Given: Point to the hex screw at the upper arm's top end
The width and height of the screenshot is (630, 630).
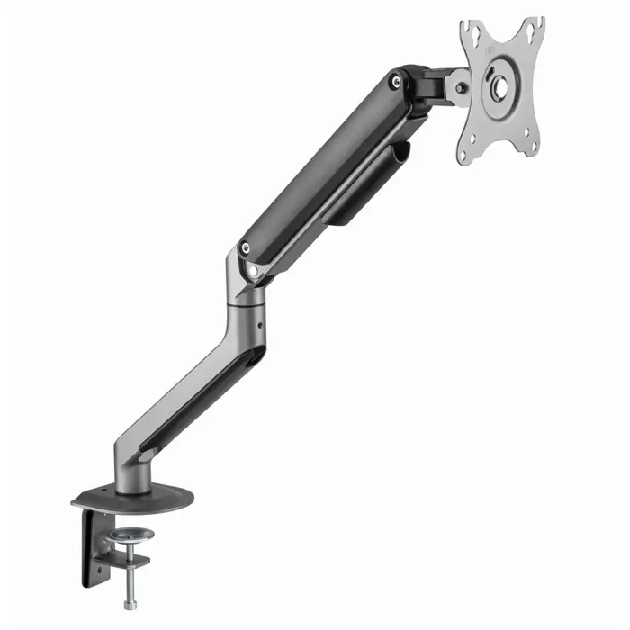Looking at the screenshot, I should pyautogui.click(x=395, y=82).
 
